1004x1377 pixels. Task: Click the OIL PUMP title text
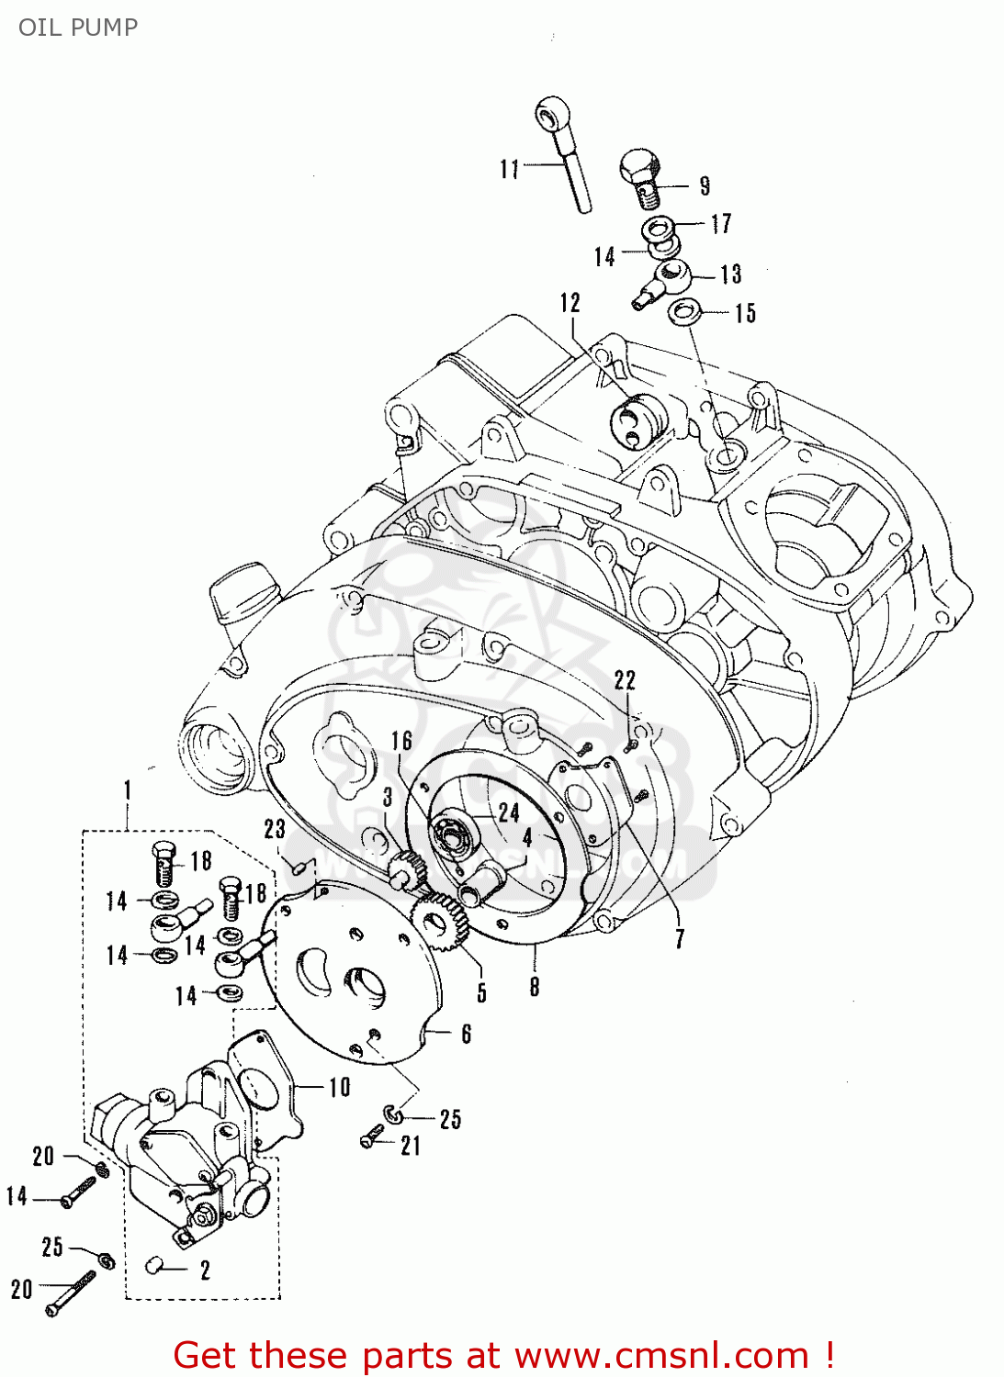coord(78,27)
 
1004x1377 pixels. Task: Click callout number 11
coord(510,169)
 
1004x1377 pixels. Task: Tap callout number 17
coord(722,223)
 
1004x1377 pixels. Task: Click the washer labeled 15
coord(682,311)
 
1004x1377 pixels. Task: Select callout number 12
coord(570,303)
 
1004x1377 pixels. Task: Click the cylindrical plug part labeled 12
coord(638,419)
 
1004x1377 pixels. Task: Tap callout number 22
coord(625,679)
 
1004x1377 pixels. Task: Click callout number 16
coord(402,740)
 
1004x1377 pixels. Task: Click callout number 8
coord(535,987)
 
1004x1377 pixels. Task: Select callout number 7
coord(680,938)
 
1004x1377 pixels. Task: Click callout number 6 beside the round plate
coord(466,1034)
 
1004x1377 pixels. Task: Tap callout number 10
coord(340,1087)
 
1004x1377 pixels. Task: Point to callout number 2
coord(205,1270)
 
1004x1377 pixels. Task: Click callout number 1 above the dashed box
coord(128,789)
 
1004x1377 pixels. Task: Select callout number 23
coord(275,829)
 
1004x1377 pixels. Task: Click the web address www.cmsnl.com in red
coord(660,1355)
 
